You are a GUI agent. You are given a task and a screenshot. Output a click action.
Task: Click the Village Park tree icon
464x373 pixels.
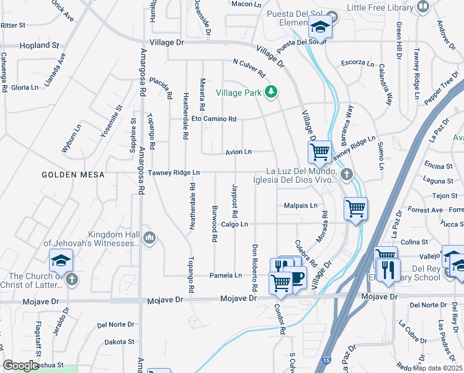click(270, 92)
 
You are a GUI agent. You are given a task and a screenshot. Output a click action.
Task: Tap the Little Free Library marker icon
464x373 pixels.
click(423, 7)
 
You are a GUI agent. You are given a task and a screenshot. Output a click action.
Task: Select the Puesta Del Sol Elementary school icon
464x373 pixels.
click(320, 27)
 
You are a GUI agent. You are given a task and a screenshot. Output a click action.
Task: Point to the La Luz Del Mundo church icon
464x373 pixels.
click(346, 175)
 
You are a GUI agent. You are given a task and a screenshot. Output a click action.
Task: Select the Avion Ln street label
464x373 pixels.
click(238, 152)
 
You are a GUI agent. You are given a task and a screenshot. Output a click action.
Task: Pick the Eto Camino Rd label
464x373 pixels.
click(213, 119)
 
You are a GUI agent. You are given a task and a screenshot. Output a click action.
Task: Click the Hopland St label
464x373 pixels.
click(38, 45)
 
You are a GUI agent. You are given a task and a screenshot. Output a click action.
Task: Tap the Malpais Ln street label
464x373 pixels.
click(301, 205)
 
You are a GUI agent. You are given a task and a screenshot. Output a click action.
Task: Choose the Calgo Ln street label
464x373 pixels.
click(234, 224)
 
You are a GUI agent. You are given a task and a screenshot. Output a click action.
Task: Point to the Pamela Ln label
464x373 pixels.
click(225, 275)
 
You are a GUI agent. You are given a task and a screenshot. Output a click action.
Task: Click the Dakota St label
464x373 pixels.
click(119, 342)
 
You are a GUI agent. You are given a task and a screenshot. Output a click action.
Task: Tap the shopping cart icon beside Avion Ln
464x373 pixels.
click(319, 150)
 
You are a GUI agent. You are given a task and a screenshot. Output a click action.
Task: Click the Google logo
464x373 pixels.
click(20, 366)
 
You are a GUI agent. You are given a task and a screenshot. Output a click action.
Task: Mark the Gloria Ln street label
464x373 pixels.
click(25, 88)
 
